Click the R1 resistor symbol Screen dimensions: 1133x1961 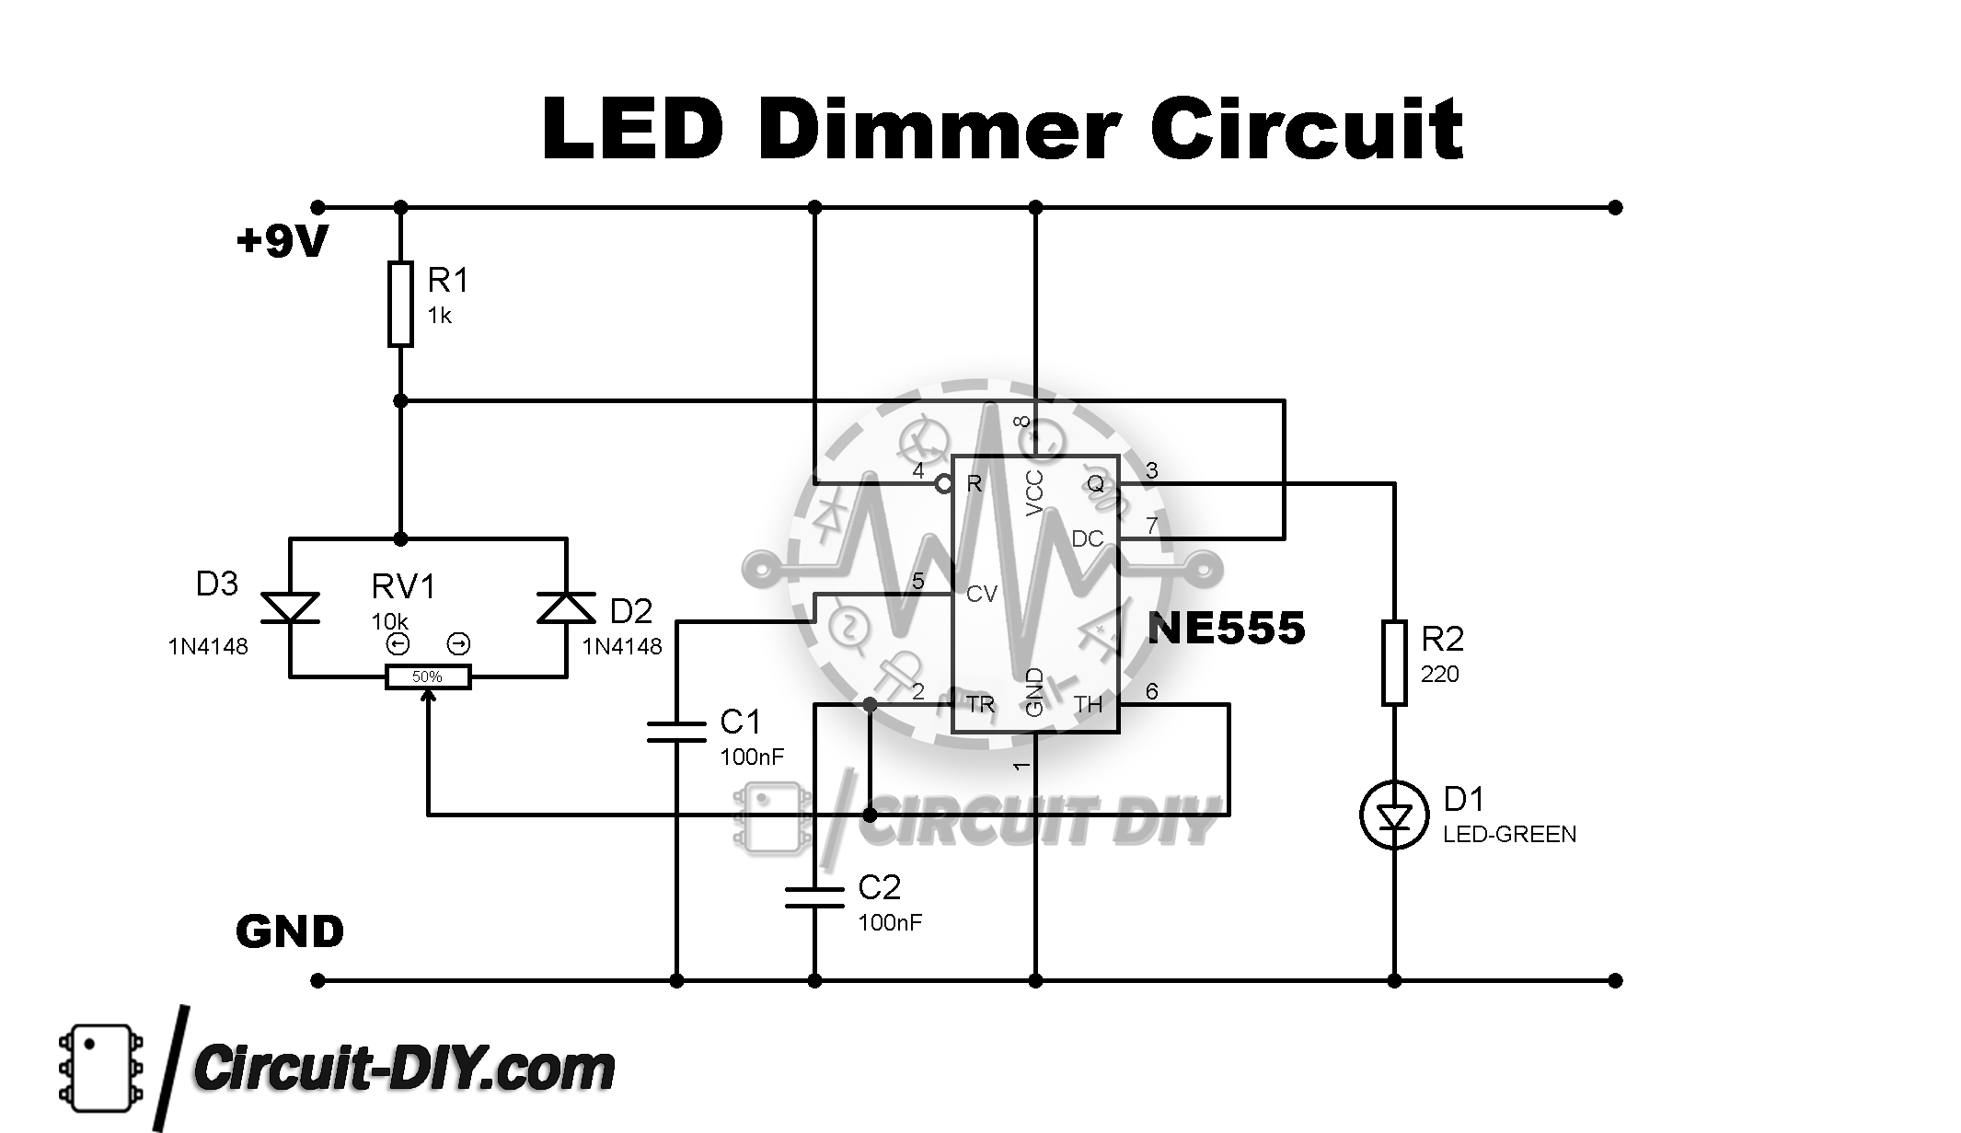point(400,304)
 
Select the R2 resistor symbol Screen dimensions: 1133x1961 point(1394,663)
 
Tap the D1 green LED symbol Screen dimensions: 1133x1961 point(1394,815)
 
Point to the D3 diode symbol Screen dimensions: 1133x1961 point(290,607)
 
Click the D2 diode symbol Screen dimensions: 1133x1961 point(566,607)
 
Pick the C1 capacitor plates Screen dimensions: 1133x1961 point(676,732)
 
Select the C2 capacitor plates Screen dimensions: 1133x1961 point(814,897)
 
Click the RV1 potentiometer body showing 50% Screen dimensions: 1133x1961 point(427,677)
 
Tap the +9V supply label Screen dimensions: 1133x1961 point(282,242)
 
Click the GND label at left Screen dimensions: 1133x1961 point(290,932)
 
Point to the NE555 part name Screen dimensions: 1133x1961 point(1226,629)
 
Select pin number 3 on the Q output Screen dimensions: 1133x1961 point(1152,471)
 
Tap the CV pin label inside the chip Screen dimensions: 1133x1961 point(981,595)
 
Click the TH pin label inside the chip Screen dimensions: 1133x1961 point(1088,705)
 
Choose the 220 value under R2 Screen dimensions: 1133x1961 point(1439,675)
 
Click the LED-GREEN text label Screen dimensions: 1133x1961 point(1509,835)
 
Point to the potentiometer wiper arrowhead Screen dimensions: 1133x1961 point(428,697)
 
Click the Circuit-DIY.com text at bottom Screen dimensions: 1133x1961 point(405,1069)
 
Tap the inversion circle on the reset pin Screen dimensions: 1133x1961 point(944,483)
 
